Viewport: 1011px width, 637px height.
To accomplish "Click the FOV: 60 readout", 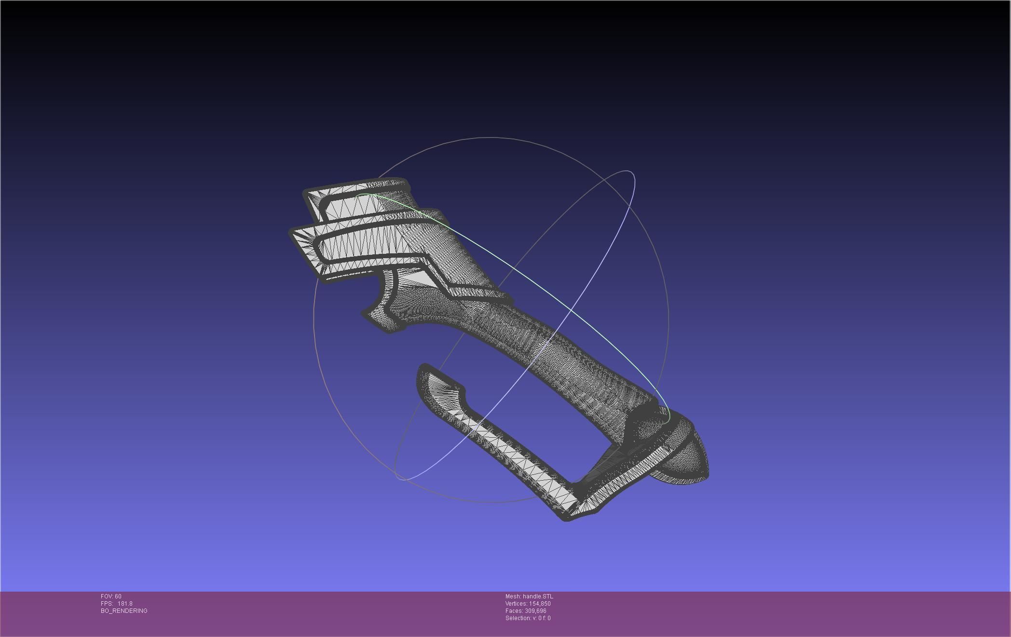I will click(111, 596).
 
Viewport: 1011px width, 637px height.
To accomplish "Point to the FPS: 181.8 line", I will click(116, 604).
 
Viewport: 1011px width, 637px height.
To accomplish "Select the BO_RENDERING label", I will click(124, 611).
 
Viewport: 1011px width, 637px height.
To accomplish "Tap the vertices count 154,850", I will click(540, 604).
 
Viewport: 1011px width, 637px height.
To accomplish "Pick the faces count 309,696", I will click(535, 611).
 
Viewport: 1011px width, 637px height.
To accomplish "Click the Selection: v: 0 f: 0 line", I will click(528, 618).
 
